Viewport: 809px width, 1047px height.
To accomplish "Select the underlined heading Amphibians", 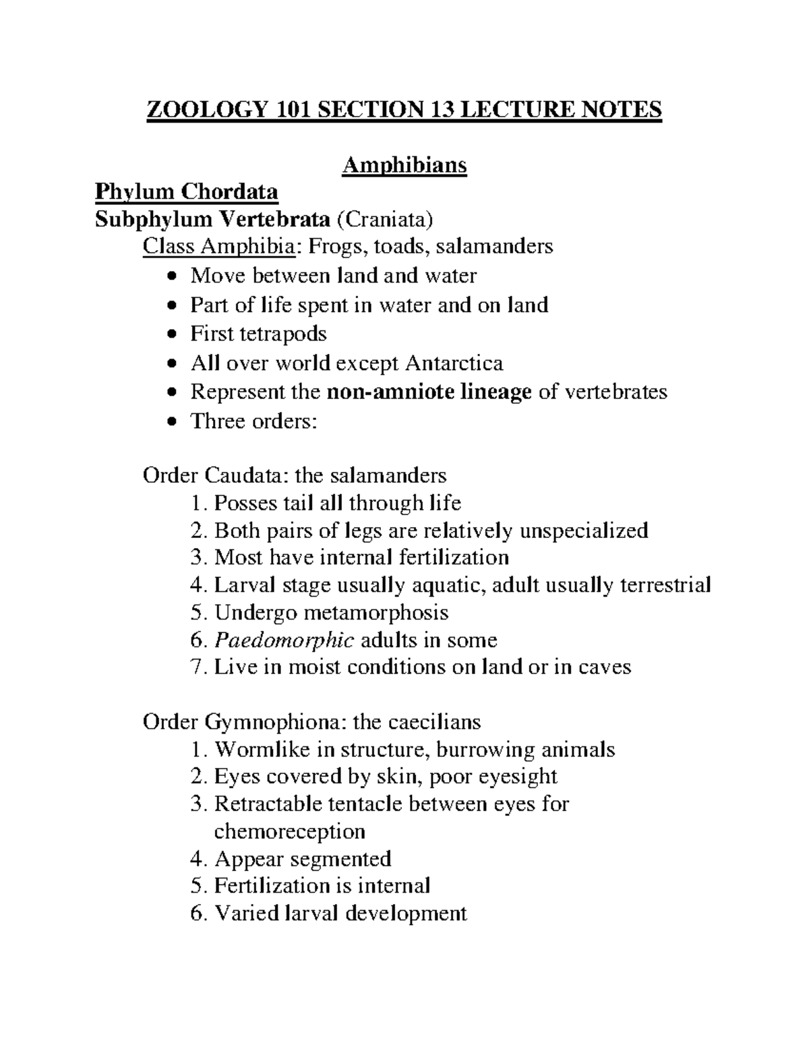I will tap(404, 165).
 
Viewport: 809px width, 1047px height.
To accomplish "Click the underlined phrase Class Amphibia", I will tap(218, 247).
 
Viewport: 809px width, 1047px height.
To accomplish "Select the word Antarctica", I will tap(454, 363).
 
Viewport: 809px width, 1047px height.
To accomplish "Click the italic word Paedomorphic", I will tap(284, 640).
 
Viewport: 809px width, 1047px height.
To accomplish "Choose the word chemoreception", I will tap(289, 831).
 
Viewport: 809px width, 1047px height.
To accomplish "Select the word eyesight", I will tap(518, 777).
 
